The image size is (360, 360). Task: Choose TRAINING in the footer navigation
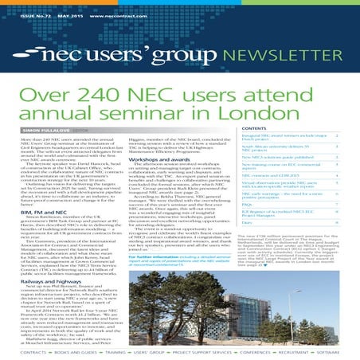pos(114,350)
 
